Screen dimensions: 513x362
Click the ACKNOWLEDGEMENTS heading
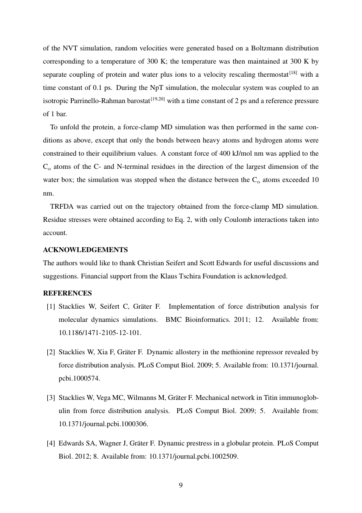click(85, 250)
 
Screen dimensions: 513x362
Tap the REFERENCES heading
click(67, 293)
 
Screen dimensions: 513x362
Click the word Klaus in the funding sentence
click(210, 276)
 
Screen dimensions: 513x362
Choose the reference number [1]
click(50, 306)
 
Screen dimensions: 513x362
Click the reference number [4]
click(50, 444)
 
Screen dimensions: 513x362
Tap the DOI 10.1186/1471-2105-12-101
click(100, 333)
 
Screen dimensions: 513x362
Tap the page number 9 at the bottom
click(181, 485)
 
